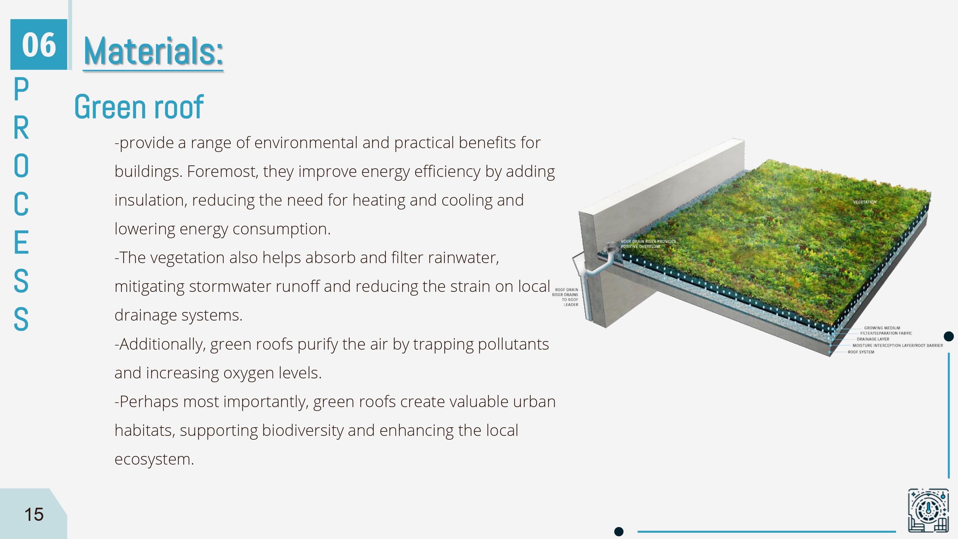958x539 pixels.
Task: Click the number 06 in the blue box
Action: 39,45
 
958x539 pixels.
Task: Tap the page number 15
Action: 34,514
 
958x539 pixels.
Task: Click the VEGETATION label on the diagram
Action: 865,202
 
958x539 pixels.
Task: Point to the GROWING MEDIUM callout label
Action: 882,328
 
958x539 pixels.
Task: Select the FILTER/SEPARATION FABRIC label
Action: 886,333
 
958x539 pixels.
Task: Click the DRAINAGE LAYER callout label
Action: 873,339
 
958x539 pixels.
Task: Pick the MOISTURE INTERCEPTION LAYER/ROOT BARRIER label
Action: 897,345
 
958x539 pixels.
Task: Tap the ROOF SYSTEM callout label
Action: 861,352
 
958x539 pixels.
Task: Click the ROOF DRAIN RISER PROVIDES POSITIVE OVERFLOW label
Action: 648,244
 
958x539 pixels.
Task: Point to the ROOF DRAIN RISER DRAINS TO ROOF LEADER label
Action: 566,297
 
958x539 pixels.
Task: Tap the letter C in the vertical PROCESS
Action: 21,204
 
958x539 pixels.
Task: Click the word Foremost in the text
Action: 222,171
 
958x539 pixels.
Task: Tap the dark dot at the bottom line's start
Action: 619,532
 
